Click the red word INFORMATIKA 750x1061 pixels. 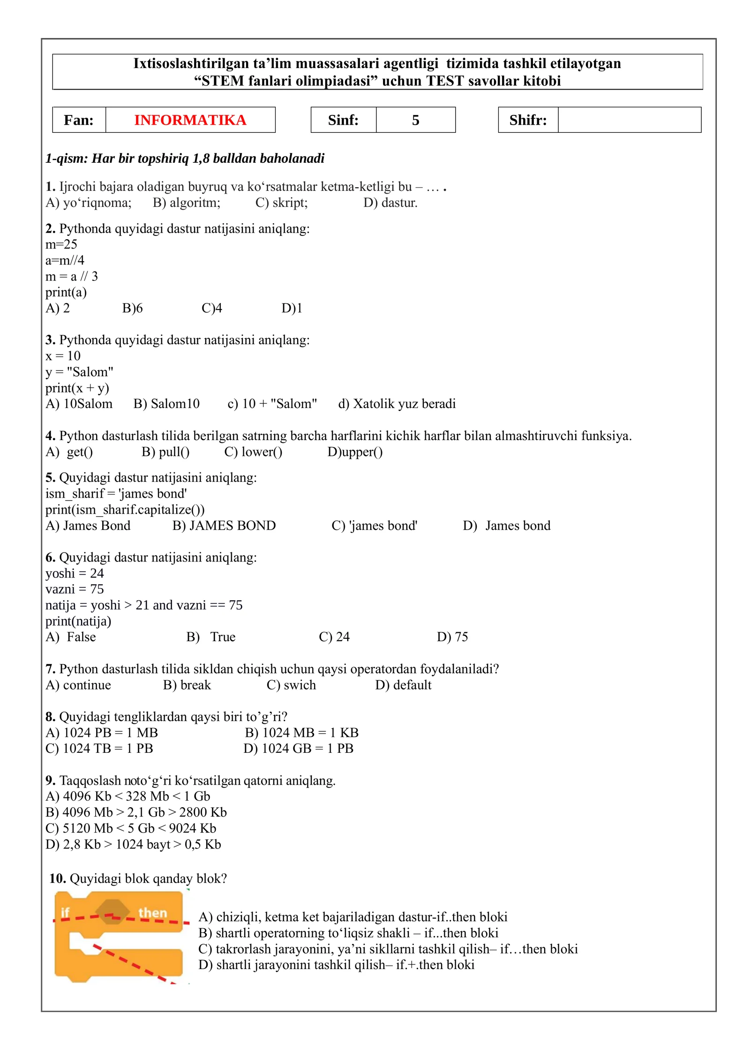click(x=190, y=120)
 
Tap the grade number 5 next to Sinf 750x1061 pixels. click(x=415, y=120)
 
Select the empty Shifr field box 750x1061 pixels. click(x=629, y=120)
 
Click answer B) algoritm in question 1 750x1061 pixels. click(x=187, y=203)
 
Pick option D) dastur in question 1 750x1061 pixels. click(x=390, y=203)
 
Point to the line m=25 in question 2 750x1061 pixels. click(x=61, y=244)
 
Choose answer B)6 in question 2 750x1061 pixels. click(x=132, y=308)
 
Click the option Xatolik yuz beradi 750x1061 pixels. click(x=397, y=404)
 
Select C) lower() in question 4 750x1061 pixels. click(x=253, y=452)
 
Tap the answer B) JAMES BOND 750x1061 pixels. click(x=224, y=525)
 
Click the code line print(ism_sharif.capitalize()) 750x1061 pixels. click(x=125, y=509)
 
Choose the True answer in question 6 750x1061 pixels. click(x=211, y=637)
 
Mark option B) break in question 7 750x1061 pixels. click(x=187, y=685)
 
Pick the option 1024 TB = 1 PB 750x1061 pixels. click(x=99, y=748)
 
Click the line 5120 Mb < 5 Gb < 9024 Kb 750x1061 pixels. click(x=131, y=828)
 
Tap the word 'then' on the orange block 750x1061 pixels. click(x=153, y=912)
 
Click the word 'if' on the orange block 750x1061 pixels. click(x=65, y=912)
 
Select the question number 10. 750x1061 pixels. click(x=57, y=878)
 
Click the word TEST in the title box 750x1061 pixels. click(x=447, y=81)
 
